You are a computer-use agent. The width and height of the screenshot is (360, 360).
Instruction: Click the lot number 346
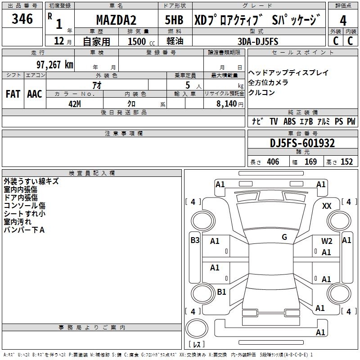click(x=22, y=19)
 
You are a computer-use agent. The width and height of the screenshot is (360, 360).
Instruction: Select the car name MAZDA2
click(x=117, y=21)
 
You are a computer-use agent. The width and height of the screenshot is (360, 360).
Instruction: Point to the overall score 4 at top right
click(x=343, y=21)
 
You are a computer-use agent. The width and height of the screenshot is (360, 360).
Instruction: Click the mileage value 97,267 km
click(x=54, y=65)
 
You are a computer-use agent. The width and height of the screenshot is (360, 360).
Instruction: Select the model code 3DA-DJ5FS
click(x=258, y=41)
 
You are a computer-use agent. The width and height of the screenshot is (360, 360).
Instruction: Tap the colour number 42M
click(x=74, y=103)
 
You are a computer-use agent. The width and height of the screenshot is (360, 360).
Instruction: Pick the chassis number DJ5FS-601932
click(x=302, y=143)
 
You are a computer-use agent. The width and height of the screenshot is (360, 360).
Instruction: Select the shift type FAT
click(x=13, y=94)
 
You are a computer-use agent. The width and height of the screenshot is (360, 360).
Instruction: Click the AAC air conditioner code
click(x=35, y=94)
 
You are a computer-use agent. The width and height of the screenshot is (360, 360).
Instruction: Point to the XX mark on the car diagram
click(x=327, y=206)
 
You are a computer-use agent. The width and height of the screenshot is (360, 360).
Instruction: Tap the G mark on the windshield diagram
click(x=284, y=237)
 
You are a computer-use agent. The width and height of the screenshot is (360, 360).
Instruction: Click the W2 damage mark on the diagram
click(x=327, y=241)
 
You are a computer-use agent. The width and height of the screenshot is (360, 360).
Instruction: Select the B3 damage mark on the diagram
click(x=195, y=240)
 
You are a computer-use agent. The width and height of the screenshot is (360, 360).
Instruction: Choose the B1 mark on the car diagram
click(x=221, y=292)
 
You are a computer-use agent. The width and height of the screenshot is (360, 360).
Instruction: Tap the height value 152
click(x=346, y=162)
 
